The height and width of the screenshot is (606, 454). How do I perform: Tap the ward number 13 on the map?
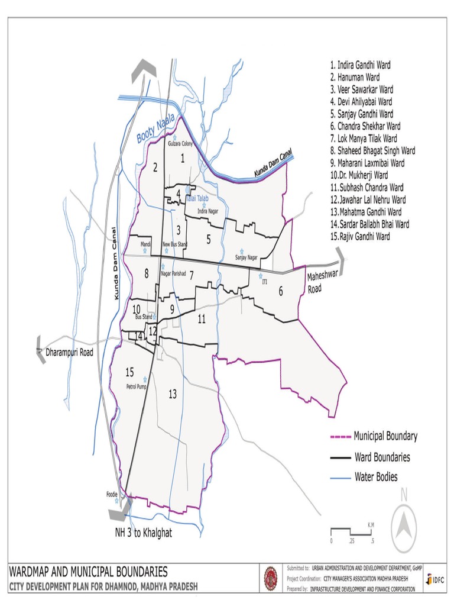pos(173,394)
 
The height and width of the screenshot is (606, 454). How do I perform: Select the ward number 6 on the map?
pos(281,291)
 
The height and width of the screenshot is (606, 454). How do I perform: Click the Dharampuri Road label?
pos(70,353)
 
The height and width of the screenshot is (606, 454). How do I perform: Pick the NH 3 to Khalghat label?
pos(143,533)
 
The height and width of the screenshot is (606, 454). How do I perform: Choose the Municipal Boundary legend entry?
pos(385,437)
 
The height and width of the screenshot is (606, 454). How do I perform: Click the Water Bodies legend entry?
pos(375,477)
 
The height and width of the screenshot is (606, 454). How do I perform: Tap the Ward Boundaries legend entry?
pos(381,457)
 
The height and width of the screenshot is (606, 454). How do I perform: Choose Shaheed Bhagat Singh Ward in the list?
pos(372,151)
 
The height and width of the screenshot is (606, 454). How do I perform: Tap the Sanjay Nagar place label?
pos(247,257)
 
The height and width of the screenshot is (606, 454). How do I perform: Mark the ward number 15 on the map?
pos(129,372)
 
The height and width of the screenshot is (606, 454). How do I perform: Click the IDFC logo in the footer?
pos(437,580)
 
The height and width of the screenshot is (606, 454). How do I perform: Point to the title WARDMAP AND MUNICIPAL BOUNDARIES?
pos(88,572)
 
